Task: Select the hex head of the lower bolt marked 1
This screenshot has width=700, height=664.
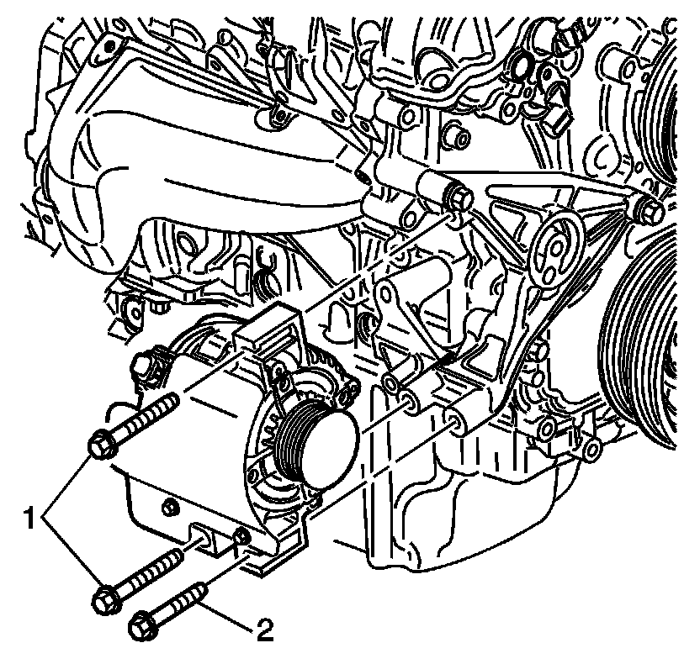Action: pos(104,597)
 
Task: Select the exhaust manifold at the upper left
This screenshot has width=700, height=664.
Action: pos(194,168)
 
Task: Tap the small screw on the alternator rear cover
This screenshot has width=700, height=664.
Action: pos(171,506)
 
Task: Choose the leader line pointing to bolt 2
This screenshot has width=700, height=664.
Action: pos(227,617)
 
